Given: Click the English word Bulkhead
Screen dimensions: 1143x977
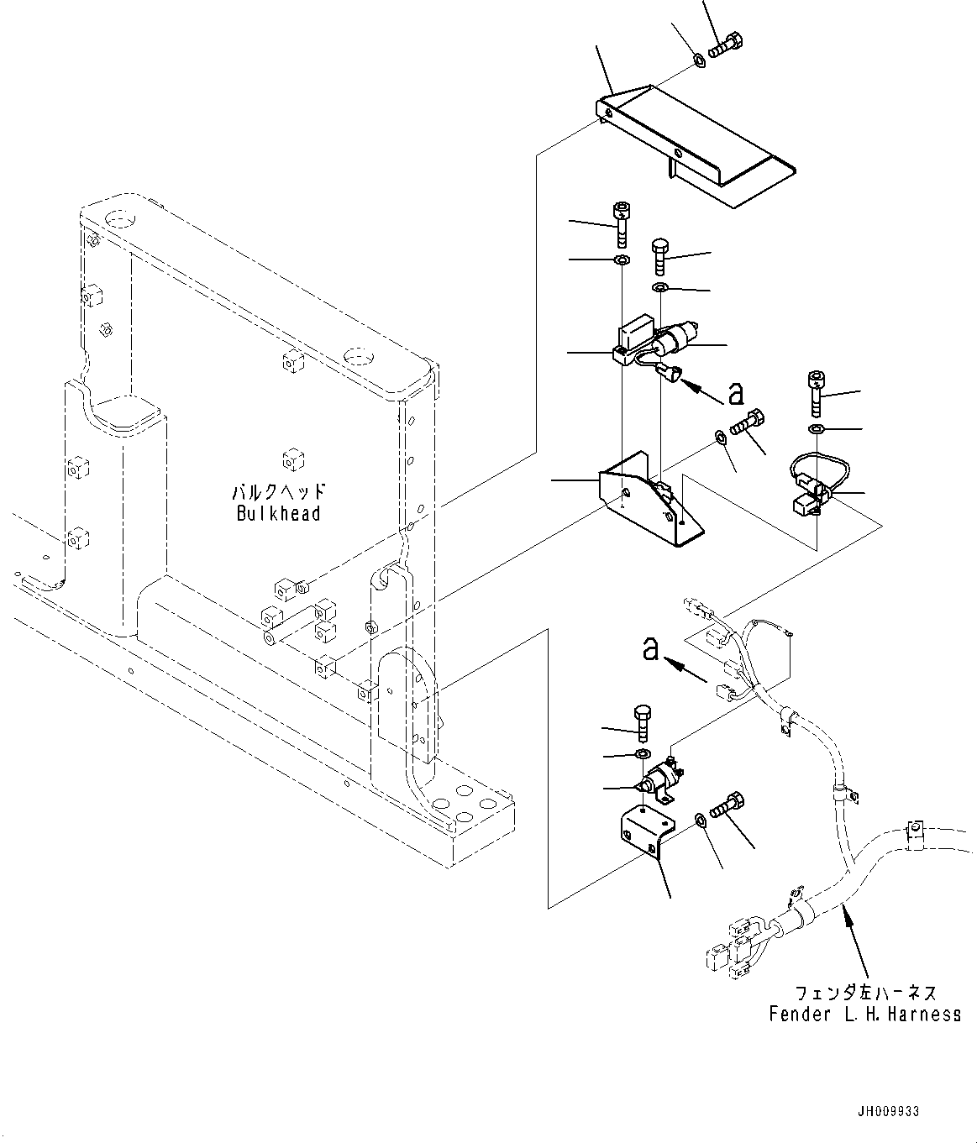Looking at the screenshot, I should [x=278, y=513].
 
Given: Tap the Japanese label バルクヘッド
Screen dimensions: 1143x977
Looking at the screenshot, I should [x=278, y=492].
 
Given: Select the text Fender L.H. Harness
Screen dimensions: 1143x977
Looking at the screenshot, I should [x=864, y=1015].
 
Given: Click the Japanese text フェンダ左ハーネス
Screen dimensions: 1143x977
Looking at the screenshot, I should [x=864, y=993].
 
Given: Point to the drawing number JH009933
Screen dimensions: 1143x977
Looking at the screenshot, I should [x=889, y=1111].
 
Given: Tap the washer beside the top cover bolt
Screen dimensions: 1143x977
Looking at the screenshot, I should [x=699, y=60].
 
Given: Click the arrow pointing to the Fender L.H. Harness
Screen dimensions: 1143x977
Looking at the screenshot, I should [x=858, y=941].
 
